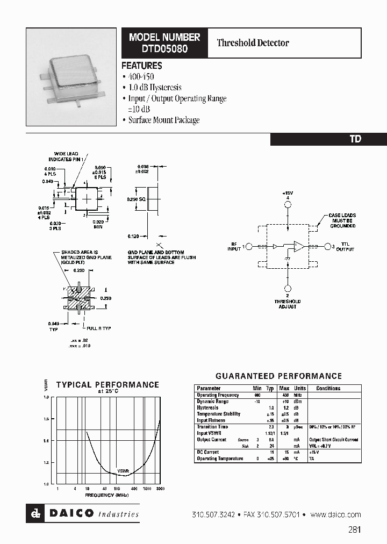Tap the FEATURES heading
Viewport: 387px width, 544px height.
pos(141,66)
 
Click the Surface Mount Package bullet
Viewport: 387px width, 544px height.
pos(163,120)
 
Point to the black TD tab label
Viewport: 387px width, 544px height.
pos(355,139)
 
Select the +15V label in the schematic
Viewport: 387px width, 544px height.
pos(288,192)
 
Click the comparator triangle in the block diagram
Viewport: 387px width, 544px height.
pos(298,246)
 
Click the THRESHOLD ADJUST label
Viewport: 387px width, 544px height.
pos(288,304)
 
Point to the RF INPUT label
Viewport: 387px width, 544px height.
pos(234,246)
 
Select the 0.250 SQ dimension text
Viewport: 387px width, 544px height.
pos(136,199)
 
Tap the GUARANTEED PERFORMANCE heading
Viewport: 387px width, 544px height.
pos(278,376)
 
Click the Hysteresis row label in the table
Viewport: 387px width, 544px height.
pos(207,408)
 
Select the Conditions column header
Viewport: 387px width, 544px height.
pos(328,388)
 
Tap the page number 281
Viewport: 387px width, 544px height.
pos(354,529)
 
